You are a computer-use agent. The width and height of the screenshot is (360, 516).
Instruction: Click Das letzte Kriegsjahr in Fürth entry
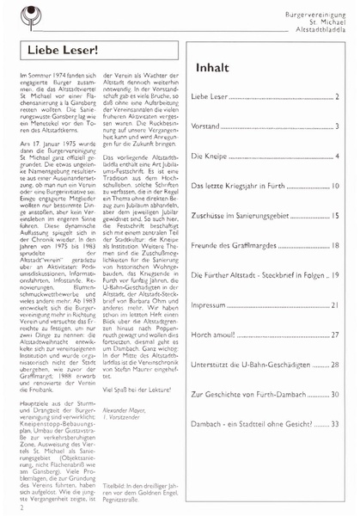coord(248,187)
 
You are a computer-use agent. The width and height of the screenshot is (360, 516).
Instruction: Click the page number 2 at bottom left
coord(19,508)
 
